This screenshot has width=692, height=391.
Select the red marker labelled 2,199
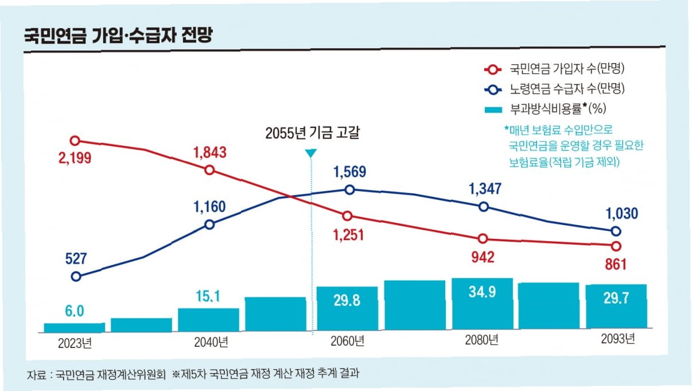(75, 141)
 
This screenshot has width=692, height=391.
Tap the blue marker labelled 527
(76, 276)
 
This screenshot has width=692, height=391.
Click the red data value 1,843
(209, 153)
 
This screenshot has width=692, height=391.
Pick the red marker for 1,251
(347, 216)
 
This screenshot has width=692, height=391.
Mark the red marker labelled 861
(616, 246)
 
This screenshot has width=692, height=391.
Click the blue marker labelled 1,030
(616, 231)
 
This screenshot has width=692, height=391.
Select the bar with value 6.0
(75, 328)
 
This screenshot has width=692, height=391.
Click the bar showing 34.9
(482, 305)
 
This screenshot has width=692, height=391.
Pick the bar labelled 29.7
(616, 308)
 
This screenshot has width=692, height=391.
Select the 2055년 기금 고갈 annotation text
(315, 133)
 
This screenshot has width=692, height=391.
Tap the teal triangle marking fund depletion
(310, 153)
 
